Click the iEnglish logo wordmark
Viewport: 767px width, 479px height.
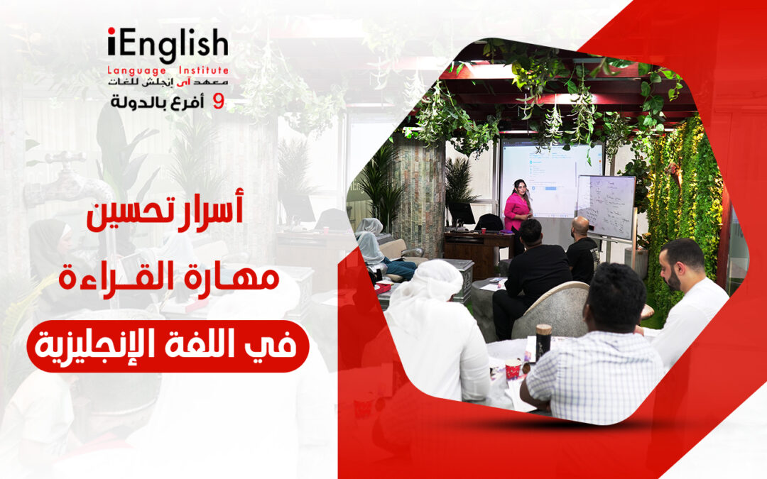tap(168, 45)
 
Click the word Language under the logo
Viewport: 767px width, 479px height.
tap(136, 70)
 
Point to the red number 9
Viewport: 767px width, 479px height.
tap(219, 102)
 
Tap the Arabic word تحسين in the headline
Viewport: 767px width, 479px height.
tap(131, 215)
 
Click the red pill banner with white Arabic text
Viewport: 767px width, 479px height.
tap(168, 346)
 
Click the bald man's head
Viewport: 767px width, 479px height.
tap(581, 227)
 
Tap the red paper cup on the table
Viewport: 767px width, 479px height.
tap(513, 369)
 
